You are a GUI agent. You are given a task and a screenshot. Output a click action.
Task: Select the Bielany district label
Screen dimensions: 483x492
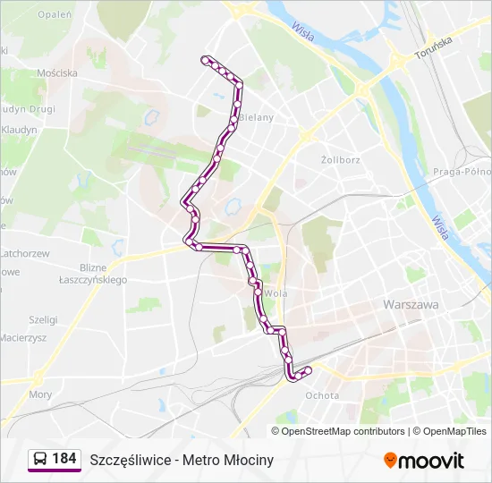pos(256,117)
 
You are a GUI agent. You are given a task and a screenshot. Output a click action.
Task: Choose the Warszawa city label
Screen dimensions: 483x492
pos(411,304)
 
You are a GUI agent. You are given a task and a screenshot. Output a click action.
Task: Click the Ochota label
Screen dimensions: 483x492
pos(322,395)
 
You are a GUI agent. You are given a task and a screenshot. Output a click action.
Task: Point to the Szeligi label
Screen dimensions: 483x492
pos(43,319)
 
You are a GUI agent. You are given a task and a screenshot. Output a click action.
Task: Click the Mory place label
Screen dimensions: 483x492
pos(40,394)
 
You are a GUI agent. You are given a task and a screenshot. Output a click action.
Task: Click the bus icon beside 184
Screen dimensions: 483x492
pos(40,459)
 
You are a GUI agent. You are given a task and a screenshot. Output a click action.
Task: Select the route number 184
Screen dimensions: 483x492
pos(64,459)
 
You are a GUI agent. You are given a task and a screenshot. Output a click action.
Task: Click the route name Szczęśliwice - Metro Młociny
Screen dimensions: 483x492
pos(182,460)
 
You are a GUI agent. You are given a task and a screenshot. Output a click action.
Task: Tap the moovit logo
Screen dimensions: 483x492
pos(424,461)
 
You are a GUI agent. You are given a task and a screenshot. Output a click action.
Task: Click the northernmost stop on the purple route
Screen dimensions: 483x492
pos(206,60)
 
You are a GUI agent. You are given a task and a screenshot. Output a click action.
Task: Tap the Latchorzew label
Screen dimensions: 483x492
pos(25,253)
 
